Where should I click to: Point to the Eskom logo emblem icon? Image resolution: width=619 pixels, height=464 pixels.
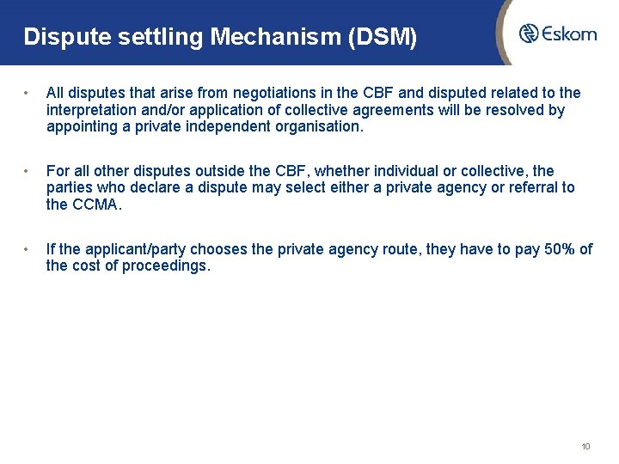530,34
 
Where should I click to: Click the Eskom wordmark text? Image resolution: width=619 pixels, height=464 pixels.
569,34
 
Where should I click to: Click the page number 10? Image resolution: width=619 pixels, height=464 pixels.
585,447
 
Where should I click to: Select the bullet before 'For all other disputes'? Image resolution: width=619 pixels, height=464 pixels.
28,171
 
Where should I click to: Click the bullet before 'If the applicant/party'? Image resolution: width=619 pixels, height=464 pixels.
28,249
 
